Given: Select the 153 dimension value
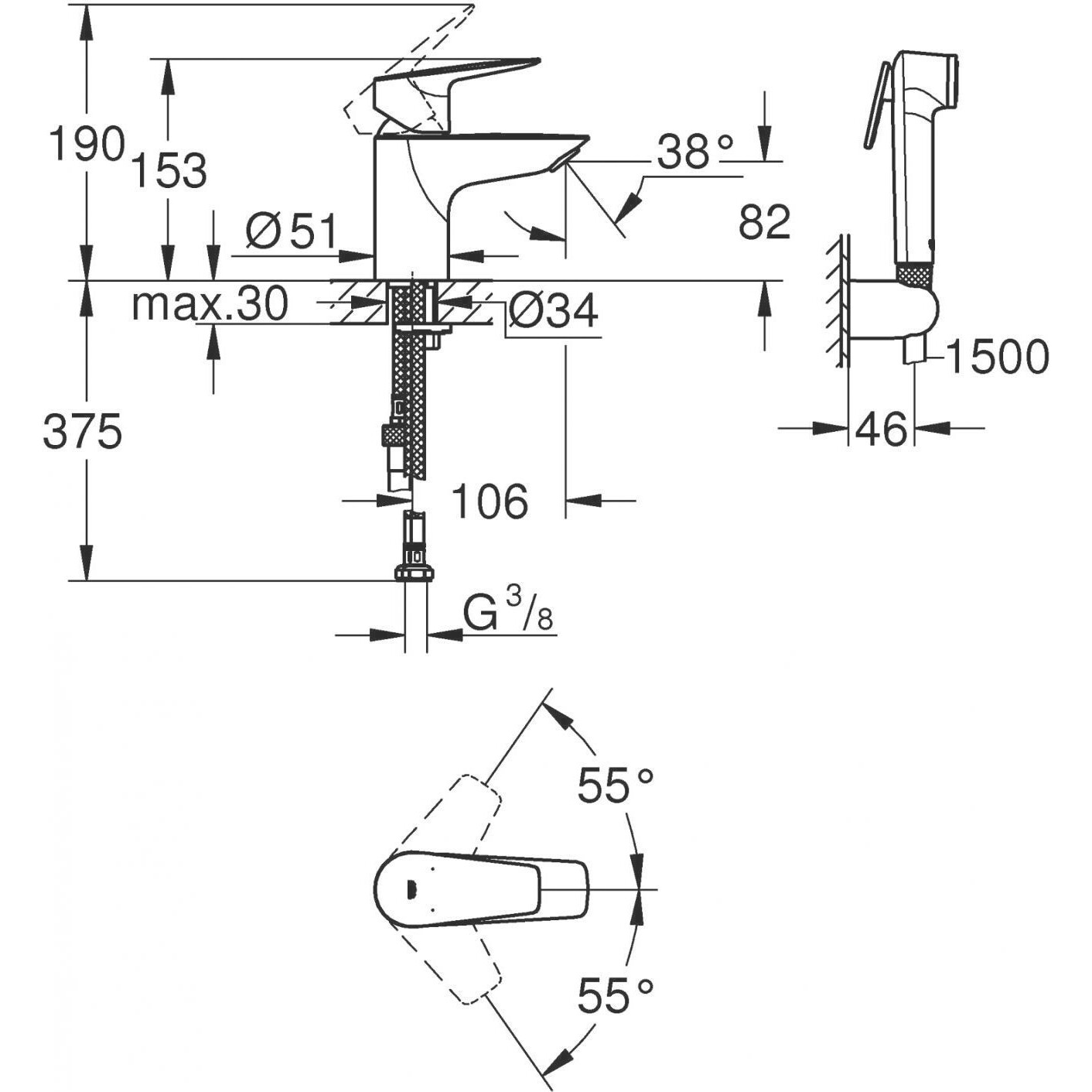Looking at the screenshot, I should point(169,170).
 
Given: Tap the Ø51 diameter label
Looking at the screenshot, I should point(292,231).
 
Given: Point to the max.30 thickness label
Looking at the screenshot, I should point(210,304).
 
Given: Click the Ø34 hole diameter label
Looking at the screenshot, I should point(554,311).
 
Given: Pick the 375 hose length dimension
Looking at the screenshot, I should point(83,432).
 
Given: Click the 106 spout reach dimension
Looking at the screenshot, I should point(490,501).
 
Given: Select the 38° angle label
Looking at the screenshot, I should point(694,151).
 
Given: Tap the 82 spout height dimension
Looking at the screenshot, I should point(764,222).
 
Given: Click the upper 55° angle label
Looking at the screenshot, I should point(616,786).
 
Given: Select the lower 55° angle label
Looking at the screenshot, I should point(616,994).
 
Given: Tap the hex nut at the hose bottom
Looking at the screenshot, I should point(415,573).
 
